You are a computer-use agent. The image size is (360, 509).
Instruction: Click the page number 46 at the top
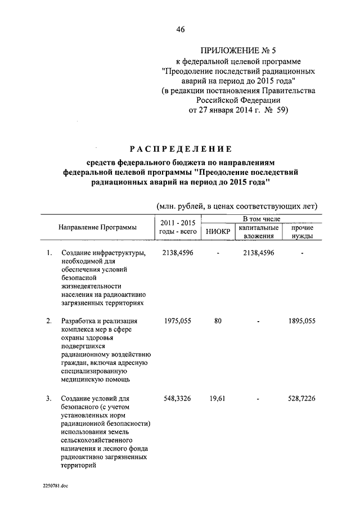180,30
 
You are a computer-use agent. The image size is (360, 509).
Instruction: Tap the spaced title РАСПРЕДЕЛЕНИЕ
181,149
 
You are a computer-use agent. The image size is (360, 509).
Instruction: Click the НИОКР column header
217,231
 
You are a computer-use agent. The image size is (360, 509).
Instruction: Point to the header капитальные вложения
259,232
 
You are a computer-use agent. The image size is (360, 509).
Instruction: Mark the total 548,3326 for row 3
177,399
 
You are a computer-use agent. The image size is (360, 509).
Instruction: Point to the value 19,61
218,399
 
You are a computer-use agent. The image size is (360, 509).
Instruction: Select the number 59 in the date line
281,110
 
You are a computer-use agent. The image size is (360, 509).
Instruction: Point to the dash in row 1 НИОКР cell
218,253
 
